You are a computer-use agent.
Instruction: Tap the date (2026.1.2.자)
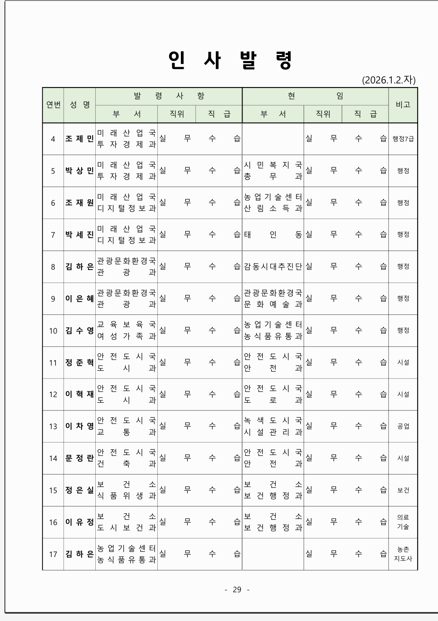(x=389, y=80)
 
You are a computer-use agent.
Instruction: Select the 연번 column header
(x=53, y=105)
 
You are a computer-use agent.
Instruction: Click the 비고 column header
(x=403, y=105)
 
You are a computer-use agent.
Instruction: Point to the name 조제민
(x=79, y=139)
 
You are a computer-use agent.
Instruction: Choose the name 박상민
(x=79, y=171)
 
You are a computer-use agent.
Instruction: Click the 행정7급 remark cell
(x=403, y=139)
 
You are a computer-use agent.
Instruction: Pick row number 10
(x=53, y=331)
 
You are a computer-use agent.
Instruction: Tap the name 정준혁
(x=79, y=363)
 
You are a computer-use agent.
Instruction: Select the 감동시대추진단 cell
(x=273, y=267)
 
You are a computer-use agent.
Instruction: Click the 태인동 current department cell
(x=273, y=235)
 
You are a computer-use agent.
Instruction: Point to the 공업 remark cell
(x=403, y=426)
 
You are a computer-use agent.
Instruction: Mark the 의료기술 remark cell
(x=403, y=522)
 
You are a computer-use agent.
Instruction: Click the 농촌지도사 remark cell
(x=403, y=554)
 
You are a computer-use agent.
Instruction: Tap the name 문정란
(x=79, y=458)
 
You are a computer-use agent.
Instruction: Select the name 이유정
(x=79, y=522)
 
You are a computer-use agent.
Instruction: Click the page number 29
(x=237, y=589)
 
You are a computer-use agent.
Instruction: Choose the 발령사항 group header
(x=169, y=96)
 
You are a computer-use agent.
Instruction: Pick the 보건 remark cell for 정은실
(x=403, y=490)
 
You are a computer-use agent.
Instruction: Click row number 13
(x=53, y=426)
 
